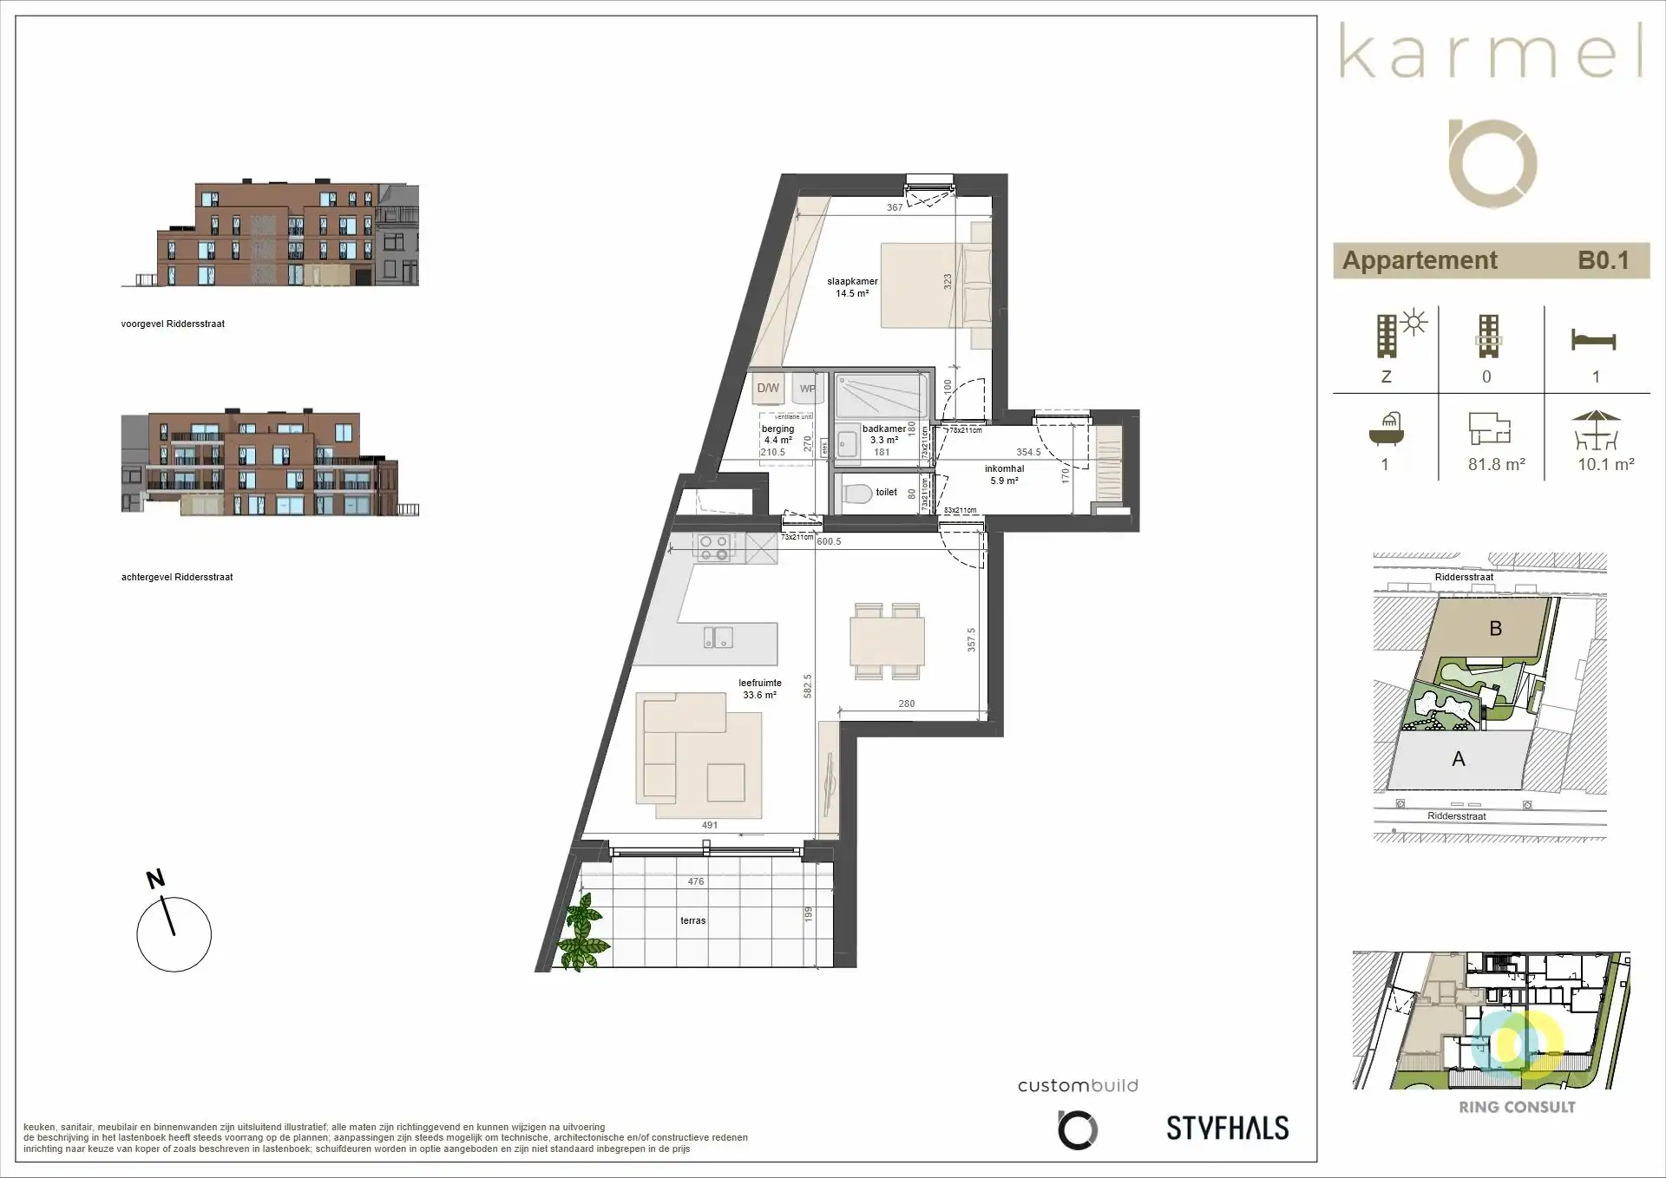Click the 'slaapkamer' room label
coord(852,282)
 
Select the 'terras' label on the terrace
coord(692,921)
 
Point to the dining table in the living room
coord(887,642)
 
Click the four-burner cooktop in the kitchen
coord(714,548)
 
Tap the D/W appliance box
coord(768,389)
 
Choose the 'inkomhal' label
coord(1004,469)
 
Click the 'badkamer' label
coord(883,429)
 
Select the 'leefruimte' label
coord(760,684)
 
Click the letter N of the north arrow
coord(155,880)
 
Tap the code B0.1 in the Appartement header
coord(1603,260)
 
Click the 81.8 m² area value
coord(1496,465)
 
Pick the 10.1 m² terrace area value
coord(1605,465)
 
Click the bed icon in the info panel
coord(1594,340)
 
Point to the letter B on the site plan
coord(1495,629)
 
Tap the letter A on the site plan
coord(1459,760)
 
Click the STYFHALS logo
coord(1227,1128)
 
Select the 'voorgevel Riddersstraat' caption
coord(173,324)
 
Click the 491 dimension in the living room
coord(710,826)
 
